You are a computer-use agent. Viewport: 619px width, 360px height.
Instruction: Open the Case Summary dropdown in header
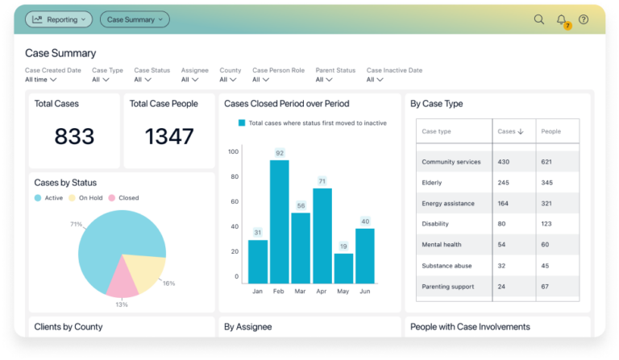point(135,19)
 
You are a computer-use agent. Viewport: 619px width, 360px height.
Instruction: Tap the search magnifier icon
point(539,19)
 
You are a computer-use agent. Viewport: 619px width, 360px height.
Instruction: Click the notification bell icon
point(562,19)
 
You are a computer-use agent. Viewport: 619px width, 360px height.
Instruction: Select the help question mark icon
point(584,19)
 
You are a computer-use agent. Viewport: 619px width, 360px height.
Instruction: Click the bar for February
point(280,221)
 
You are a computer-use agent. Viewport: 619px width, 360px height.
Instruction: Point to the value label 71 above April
point(322,181)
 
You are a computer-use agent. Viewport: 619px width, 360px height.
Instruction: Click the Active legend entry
point(49,197)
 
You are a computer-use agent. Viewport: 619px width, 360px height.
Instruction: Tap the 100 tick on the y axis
point(234,151)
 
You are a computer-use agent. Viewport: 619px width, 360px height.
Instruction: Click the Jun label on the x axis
point(365,292)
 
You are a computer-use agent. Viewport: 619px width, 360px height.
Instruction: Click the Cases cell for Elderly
point(505,183)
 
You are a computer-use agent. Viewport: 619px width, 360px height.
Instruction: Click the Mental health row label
point(442,245)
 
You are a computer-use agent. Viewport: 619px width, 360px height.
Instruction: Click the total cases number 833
point(74,137)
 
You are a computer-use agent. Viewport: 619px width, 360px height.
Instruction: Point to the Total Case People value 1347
point(168,137)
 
